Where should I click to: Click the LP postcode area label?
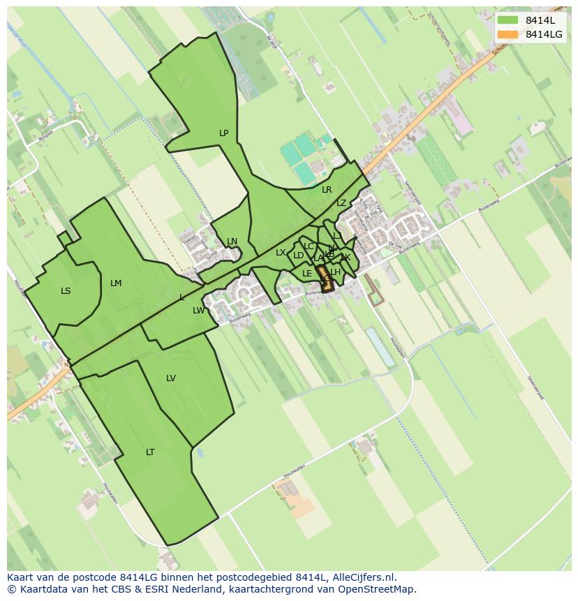click(x=223, y=133)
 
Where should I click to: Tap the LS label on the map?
click(x=66, y=291)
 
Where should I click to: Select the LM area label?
click(x=116, y=283)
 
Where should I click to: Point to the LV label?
click(x=171, y=378)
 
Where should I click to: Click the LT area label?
click(x=150, y=452)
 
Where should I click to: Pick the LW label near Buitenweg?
click(x=199, y=311)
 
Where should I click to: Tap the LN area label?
click(x=232, y=242)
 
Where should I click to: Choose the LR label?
click(x=327, y=190)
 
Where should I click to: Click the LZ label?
click(x=341, y=203)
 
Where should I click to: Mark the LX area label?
click(x=281, y=253)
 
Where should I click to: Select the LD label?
click(x=299, y=255)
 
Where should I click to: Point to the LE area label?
click(x=307, y=274)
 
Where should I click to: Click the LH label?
click(x=336, y=272)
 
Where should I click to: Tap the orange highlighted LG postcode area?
click(x=325, y=279)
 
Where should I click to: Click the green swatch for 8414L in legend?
click(x=507, y=20)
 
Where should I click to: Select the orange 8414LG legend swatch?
click(x=507, y=34)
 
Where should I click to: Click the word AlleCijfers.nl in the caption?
click(x=362, y=577)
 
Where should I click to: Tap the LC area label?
click(x=309, y=246)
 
